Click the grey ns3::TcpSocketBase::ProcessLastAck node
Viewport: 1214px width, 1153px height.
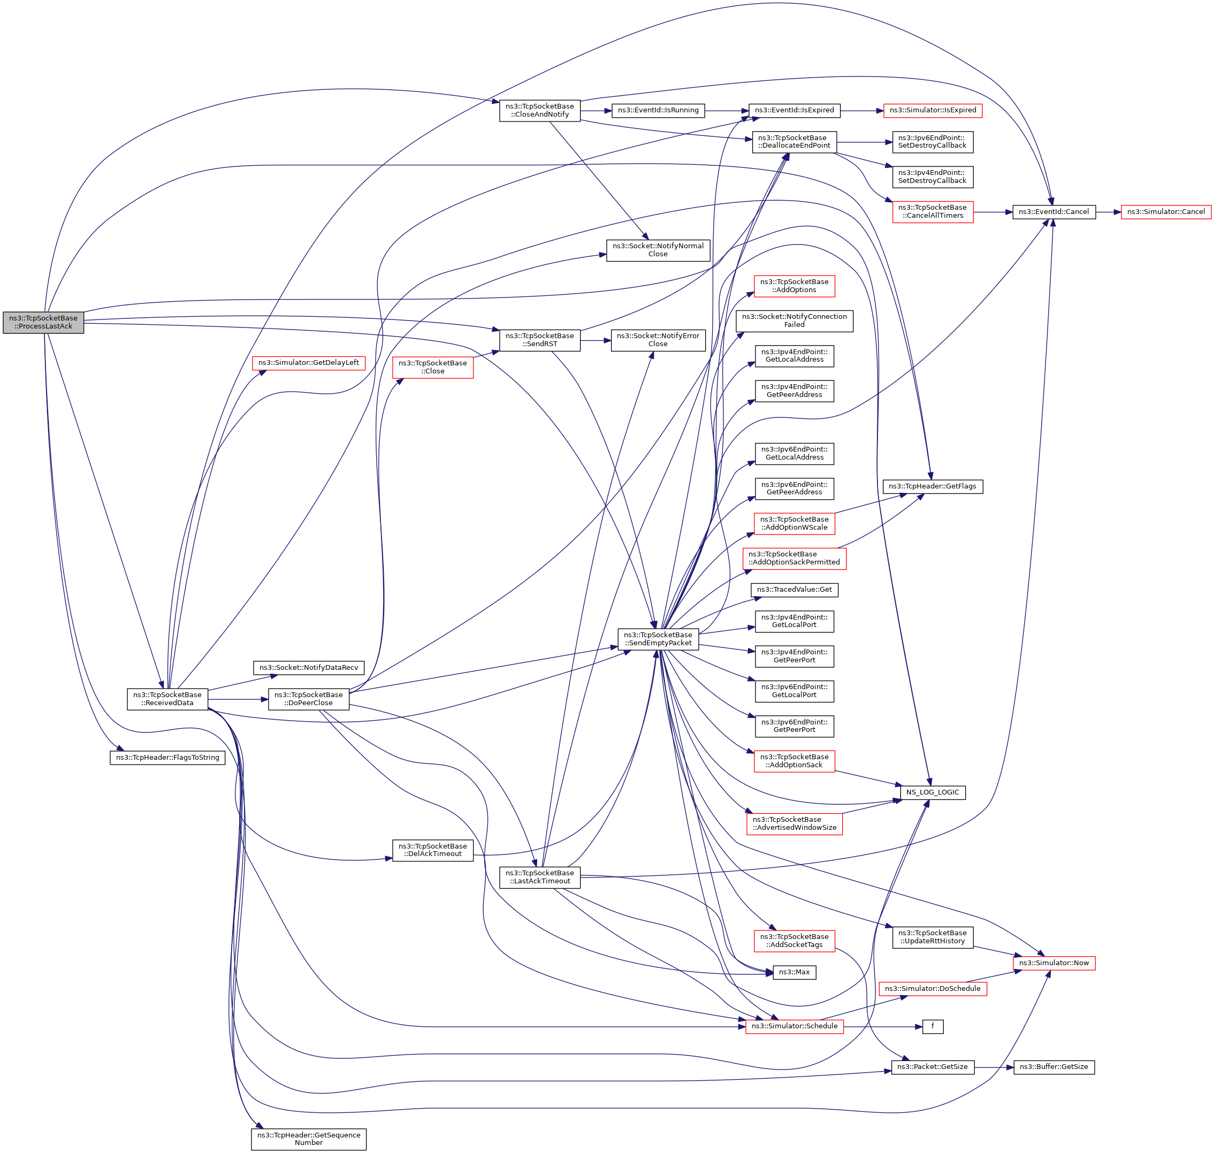[x=43, y=322]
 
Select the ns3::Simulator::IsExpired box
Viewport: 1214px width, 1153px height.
[x=932, y=111]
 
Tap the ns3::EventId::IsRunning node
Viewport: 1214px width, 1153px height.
[x=658, y=111]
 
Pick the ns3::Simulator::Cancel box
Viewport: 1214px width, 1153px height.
[x=1165, y=212]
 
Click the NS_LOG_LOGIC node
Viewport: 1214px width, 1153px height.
[x=932, y=792]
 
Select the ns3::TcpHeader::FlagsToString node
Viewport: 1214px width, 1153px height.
[x=167, y=758]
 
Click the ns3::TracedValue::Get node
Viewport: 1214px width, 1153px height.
[x=793, y=590]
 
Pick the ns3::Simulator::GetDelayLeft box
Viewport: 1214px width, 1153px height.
[x=308, y=363]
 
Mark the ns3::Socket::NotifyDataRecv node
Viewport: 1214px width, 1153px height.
[x=308, y=668]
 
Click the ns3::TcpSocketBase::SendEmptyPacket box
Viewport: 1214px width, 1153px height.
[x=658, y=639]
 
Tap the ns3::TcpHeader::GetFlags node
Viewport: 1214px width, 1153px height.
[x=932, y=486]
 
